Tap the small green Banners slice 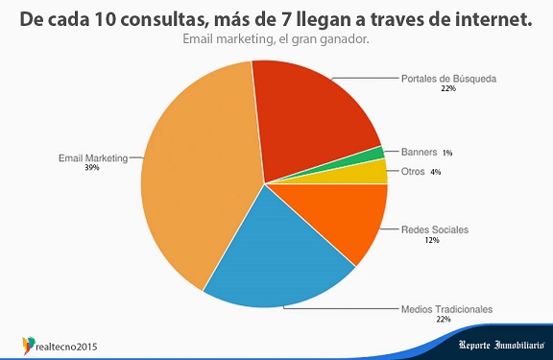pos(377,154)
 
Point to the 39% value pos(92,167)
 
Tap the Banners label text pos(419,153)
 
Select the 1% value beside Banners pos(447,153)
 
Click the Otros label pos(413,172)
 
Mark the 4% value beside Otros pos(436,172)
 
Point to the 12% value pos(432,240)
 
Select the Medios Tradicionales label pos(446,309)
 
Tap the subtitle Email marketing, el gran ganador pos(276,39)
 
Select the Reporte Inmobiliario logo pos(502,345)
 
